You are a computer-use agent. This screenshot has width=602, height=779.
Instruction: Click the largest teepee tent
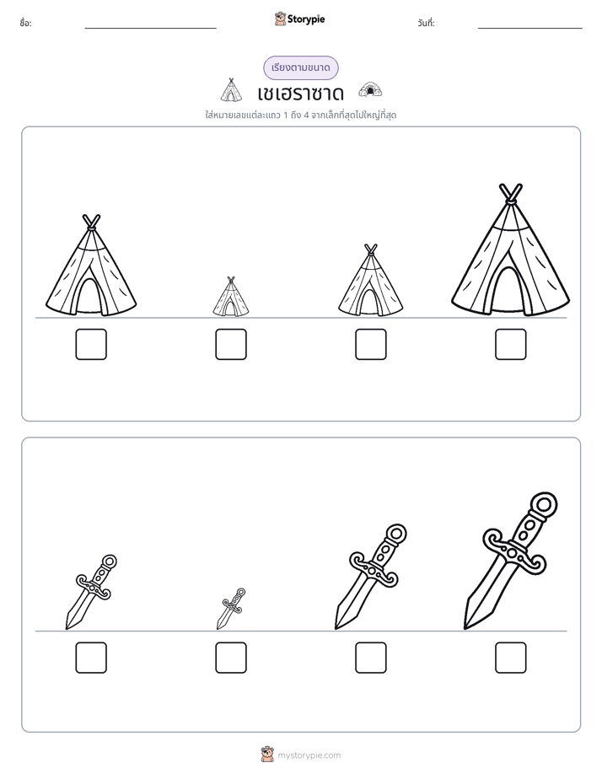click(510, 251)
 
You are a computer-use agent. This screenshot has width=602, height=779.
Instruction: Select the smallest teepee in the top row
click(230, 297)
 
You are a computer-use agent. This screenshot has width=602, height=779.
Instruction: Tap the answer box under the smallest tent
click(230, 344)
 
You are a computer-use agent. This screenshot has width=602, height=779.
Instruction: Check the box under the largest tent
click(510, 344)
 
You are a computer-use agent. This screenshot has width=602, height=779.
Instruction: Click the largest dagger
click(511, 561)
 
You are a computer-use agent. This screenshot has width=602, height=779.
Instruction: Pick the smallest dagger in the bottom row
click(231, 609)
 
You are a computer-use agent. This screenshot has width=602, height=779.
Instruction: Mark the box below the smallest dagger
click(230, 658)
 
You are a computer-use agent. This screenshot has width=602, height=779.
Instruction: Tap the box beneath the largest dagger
click(510, 658)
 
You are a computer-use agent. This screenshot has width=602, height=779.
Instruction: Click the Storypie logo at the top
click(299, 19)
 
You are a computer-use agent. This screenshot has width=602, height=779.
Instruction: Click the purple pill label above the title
click(300, 68)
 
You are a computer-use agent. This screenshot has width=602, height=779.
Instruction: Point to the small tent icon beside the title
click(230, 90)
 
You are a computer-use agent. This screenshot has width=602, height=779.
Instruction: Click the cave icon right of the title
click(370, 90)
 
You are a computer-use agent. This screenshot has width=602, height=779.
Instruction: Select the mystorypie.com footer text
click(309, 755)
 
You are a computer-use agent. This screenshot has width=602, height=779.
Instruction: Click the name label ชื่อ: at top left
click(25, 23)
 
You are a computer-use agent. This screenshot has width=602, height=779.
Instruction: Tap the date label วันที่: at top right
click(426, 23)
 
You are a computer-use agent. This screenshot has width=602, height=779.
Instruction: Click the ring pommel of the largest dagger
click(545, 505)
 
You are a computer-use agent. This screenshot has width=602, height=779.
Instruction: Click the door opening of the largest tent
click(508, 291)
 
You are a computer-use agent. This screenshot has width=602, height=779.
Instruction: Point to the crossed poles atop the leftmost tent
click(91, 222)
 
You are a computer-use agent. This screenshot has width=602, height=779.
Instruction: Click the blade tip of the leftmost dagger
click(67, 628)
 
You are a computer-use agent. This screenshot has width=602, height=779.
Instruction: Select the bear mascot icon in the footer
click(267, 755)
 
